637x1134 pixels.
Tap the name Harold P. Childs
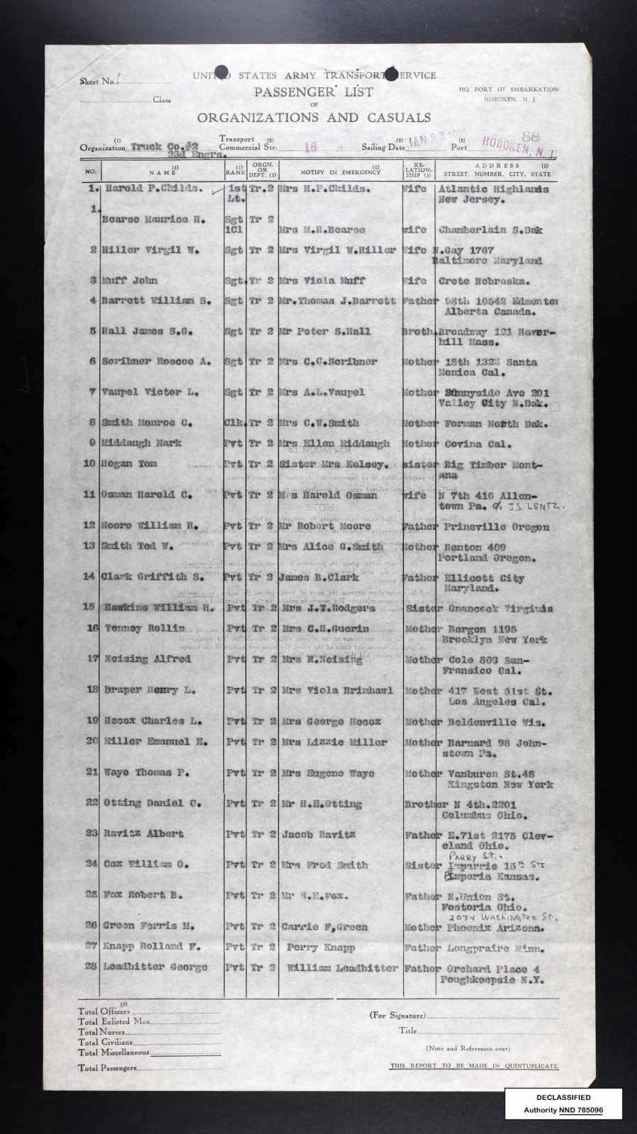[154, 189]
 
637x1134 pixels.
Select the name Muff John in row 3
[131, 280]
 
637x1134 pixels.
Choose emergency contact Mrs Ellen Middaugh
[335, 444]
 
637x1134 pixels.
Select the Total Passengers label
[104, 1067]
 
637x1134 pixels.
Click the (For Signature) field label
[398, 1015]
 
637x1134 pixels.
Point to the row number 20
[91, 742]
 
